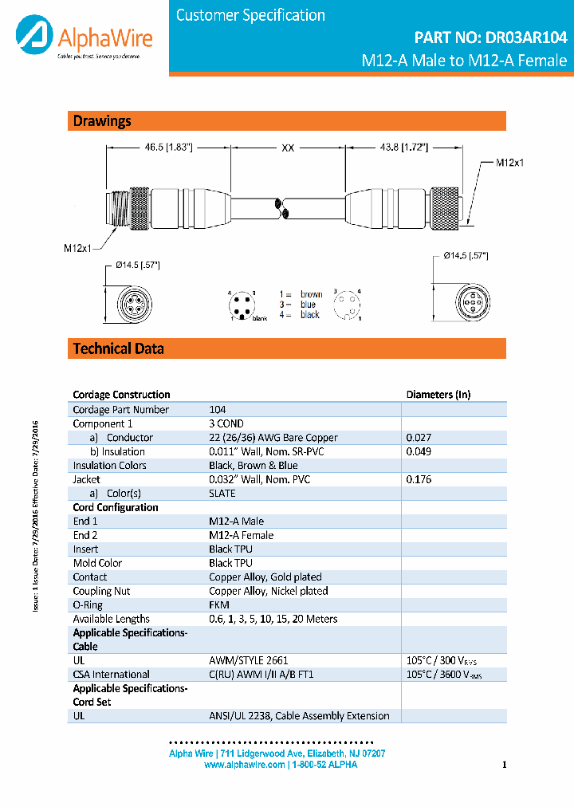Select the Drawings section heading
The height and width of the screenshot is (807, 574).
pyautogui.click(x=102, y=121)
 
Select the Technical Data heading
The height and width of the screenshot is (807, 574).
pyautogui.click(x=118, y=348)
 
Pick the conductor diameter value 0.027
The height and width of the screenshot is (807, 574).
pyautogui.click(x=419, y=438)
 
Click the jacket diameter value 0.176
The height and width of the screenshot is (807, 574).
pyautogui.click(x=419, y=479)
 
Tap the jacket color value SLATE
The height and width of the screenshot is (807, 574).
pyautogui.click(x=222, y=494)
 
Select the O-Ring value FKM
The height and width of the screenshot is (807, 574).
pyautogui.click(x=219, y=605)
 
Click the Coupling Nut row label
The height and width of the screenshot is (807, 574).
pyautogui.click(x=101, y=591)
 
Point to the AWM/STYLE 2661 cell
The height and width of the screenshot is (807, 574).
pyautogui.click(x=249, y=660)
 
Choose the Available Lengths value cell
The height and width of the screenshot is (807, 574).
pyautogui.click(x=273, y=619)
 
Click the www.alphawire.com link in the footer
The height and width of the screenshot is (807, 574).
pyautogui.click(x=244, y=765)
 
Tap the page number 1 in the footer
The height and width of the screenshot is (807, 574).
pyautogui.click(x=505, y=765)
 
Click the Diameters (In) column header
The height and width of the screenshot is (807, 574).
pyautogui.click(x=438, y=394)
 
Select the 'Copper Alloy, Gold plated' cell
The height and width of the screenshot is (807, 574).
pyautogui.click(x=265, y=577)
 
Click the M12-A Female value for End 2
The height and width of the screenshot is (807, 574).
pyautogui.click(x=241, y=535)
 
